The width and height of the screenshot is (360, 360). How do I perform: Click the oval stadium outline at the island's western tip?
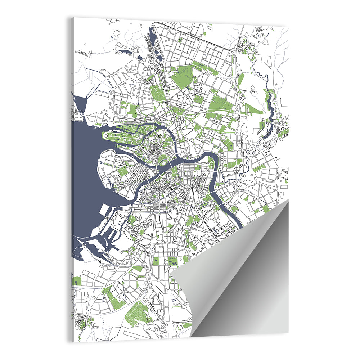click(x=107, y=135)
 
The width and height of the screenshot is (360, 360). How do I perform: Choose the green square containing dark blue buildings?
click(x=173, y=261)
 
